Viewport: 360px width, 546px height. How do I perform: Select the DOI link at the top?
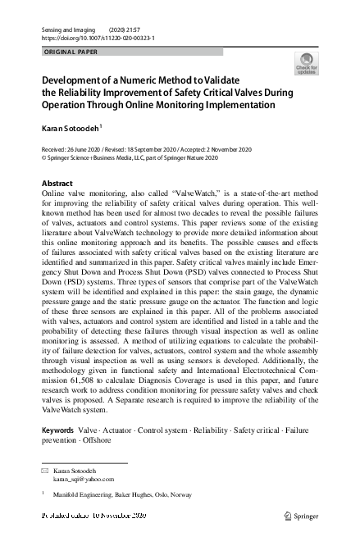pyautogui.click(x=98, y=38)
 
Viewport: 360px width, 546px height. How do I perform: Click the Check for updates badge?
pyautogui.click(x=307, y=64)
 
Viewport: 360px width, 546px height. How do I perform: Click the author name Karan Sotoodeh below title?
pyautogui.click(x=71, y=129)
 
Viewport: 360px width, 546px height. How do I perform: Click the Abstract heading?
pyautogui.click(x=57, y=183)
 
